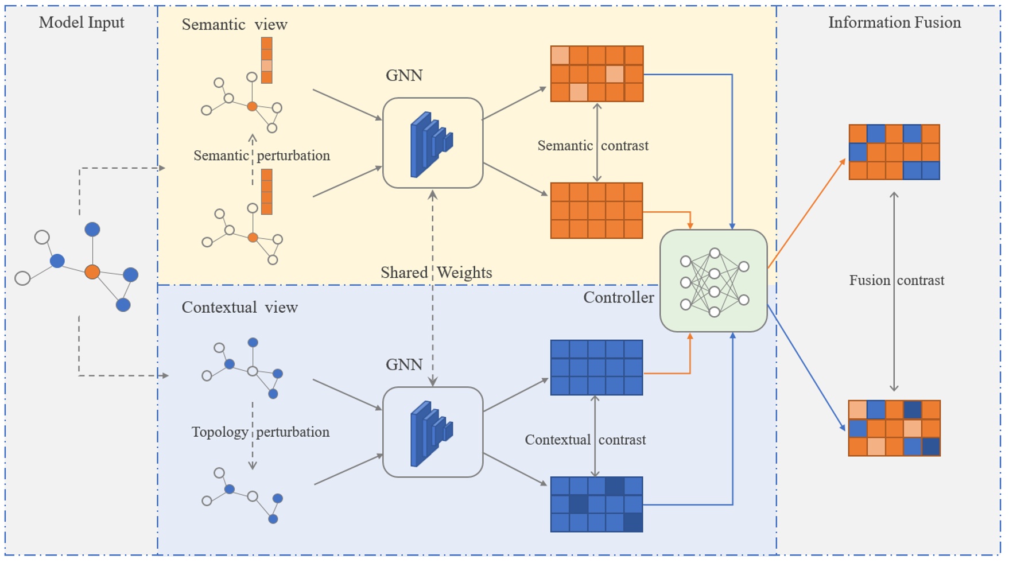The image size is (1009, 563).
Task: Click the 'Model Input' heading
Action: point(82,22)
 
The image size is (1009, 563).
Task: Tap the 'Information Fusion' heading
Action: point(894,22)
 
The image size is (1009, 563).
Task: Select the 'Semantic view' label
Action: point(234,25)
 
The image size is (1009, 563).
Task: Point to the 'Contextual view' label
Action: point(239,308)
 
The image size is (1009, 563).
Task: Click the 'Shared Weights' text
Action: point(436,273)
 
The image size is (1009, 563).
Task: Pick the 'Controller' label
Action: point(618,297)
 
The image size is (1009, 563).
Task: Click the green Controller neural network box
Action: point(713,281)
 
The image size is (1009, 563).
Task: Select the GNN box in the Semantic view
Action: point(433,143)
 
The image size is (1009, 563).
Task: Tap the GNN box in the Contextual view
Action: point(433,432)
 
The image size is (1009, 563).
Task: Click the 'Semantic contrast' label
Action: point(592,146)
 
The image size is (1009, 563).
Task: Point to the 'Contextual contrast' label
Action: point(585,440)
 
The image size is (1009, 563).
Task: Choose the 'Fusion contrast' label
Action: point(897,281)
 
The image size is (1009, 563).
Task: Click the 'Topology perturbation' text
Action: point(260,432)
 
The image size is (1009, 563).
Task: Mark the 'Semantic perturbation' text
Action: point(261,156)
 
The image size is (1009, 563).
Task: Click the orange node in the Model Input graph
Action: point(92,272)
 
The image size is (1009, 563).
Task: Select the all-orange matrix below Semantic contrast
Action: point(596,211)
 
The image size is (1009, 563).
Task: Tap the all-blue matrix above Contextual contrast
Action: point(596,368)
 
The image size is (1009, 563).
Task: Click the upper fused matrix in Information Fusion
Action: point(894,152)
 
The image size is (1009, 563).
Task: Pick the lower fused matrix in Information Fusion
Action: point(894,428)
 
